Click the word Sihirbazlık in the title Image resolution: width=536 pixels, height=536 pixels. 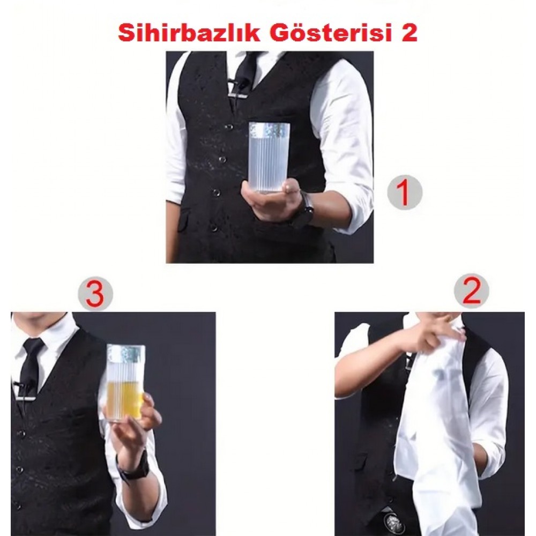point(189,33)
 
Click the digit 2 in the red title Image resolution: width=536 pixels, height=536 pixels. point(409,33)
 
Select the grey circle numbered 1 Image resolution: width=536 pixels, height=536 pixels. point(404,192)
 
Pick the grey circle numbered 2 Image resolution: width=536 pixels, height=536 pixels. point(471,291)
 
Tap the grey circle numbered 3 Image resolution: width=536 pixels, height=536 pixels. point(95,293)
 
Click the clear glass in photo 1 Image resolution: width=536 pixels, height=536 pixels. point(269,157)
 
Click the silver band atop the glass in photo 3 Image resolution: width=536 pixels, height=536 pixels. point(126,353)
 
